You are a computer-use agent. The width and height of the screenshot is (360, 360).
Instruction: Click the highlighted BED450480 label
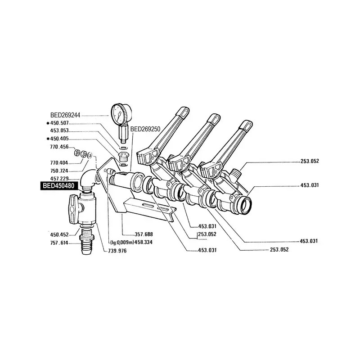[x=58, y=186]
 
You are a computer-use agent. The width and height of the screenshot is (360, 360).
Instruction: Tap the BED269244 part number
[x=65, y=115]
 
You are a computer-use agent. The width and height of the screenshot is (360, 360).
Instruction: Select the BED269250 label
[x=145, y=129]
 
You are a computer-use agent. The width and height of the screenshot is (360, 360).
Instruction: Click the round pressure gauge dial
[x=121, y=114]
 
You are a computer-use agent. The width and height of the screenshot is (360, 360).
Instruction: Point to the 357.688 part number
[x=144, y=234]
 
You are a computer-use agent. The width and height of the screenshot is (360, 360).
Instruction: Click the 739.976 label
[x=117, y=251]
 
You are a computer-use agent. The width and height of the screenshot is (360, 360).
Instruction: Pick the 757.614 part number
[x=59, y=243]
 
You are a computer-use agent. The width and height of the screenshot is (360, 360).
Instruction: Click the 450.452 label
[x=59, y=234]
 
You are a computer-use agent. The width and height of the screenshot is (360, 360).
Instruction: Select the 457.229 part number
[x=59, y=179]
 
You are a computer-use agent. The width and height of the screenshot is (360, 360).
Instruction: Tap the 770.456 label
[x=59, y=147]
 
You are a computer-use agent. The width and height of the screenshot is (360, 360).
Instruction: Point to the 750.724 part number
[x=59, y=171]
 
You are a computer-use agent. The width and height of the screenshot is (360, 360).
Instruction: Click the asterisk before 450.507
[x=48, y=123]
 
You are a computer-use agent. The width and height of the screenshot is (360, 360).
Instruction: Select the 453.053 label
[x=59, y=130]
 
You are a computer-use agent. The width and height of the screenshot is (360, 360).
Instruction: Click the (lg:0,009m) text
[x=122, y=243]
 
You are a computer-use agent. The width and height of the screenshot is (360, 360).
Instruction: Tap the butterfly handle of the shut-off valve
[x=75, y=209]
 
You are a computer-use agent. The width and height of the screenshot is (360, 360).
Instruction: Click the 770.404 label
[x=59, y=163]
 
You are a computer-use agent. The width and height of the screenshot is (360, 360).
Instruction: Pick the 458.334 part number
[x=144, y=243]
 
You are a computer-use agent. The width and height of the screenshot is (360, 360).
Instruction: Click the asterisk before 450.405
[x=48, y=139]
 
